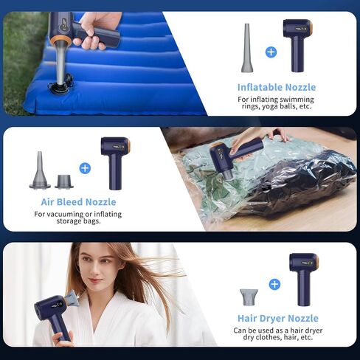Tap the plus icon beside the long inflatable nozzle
tap(271, 52)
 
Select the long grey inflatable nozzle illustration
tap(247, 48)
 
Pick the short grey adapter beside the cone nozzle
tap(64, 181)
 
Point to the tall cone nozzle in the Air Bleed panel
tap(40, 170)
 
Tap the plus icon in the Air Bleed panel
tap(85, 168)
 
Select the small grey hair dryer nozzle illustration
tap(249, 297)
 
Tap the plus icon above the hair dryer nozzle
tap(274, 285)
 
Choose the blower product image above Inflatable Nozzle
tap(298, 46)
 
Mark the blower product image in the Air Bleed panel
tap(116, 163)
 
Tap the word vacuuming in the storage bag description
tap(65, 215)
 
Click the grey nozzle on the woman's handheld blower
tap(72, 298)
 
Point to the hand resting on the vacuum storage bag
tap(279, 134)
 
